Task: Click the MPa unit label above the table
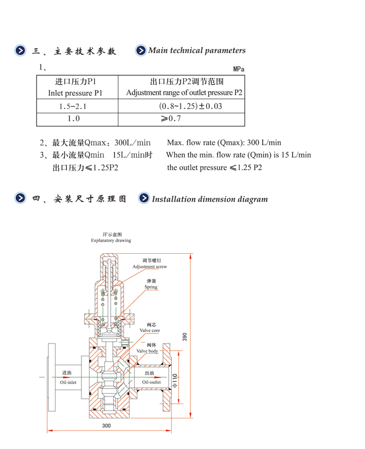[239, 69]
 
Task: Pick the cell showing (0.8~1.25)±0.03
[190, 106]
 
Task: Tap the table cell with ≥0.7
[171, 119]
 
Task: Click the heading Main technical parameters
[197, 51]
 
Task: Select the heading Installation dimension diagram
[210, 199]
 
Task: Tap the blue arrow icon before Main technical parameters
[141, 51]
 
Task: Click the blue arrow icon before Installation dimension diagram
[144, 199]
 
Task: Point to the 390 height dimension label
[184, 337]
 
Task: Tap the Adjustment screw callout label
[149, 267]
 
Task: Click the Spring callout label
[150, 287]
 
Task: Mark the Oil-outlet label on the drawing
[152, 382]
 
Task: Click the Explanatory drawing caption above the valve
[111, 240]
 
